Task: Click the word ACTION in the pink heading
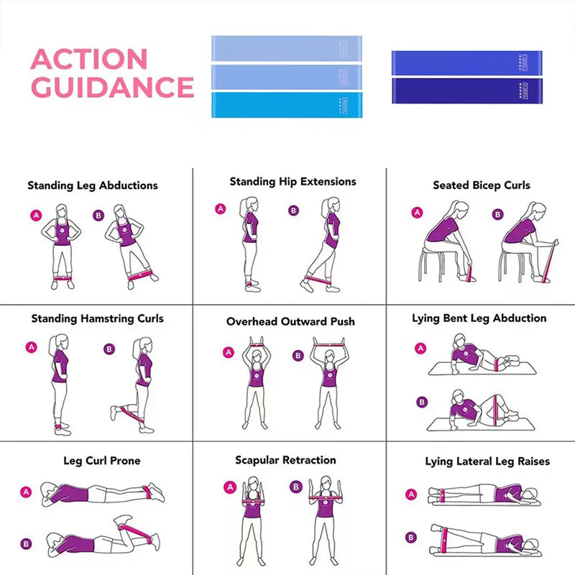pyautogui.click(x=89, y=60)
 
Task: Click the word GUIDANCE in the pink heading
pyautogui.click(x=113, y=87)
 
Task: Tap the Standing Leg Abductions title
pyautogui.click(x=93, y=185)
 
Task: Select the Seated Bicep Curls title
pyautogui.click(x=482, y=185)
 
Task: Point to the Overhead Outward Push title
pyautogui.click(x=290, y=321)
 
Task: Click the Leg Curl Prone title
pyautogui.click(x=102, y=461)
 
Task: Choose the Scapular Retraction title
pyautogui.click(x=285, y=460)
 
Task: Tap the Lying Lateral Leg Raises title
pyautogui.click(x=487, y=461)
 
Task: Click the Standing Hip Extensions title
pyautogui.click(x=293, y=182)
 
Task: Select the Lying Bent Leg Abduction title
pyautogui.click(x=479, y=318)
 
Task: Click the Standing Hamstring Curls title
pyautogui.click(x=97, y=318)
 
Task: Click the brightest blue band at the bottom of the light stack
pyautogui.click(x=287, y=105)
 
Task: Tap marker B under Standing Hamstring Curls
pyautogui.click(x=109, y=349)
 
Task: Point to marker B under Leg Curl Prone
pyautogui.click(x=27, y=544)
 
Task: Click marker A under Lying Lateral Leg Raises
pyautogui.click(x=411, y=494)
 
